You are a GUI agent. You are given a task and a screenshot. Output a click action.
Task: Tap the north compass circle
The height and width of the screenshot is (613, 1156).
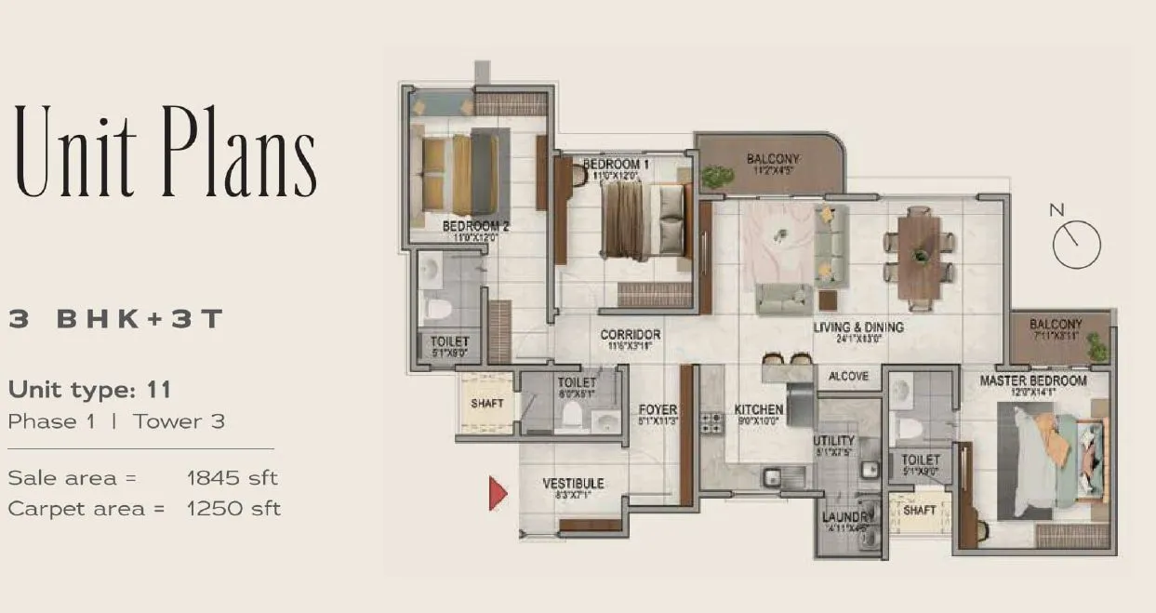pos(1077,245)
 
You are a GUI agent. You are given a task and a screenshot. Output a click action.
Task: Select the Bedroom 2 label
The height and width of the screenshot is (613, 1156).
pos(475,226)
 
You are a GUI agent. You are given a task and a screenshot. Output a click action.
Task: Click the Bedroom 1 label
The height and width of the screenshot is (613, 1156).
pos(616,165)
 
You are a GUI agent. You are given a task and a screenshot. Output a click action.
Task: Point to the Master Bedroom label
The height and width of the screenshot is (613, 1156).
pos(1032,380)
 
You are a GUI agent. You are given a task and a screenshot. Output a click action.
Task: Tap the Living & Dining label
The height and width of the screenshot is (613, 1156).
pos(858,327)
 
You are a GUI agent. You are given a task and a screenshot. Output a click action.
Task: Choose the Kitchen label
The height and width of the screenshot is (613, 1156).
pos(758,409)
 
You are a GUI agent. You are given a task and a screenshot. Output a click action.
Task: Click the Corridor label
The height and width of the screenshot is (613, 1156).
pos(630,335)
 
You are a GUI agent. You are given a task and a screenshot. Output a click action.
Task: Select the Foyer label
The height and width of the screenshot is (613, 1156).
pos(658,409)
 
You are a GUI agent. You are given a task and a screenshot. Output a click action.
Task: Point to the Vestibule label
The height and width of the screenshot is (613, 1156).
pos(573,484)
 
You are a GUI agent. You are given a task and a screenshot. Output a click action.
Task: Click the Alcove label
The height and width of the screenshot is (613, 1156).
pos(848,377)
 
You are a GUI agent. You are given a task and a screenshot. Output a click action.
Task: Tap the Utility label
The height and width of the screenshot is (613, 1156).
pos(833,440)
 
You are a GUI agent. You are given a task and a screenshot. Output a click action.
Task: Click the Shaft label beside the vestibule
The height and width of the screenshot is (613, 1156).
pos(486,403)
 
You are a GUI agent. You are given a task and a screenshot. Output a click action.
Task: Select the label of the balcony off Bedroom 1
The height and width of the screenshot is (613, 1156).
pos(772,159)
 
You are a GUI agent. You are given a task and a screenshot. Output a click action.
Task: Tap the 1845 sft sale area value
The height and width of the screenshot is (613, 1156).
pos(233,478)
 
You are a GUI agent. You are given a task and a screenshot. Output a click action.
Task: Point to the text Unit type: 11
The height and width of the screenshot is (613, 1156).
pos(89,389)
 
